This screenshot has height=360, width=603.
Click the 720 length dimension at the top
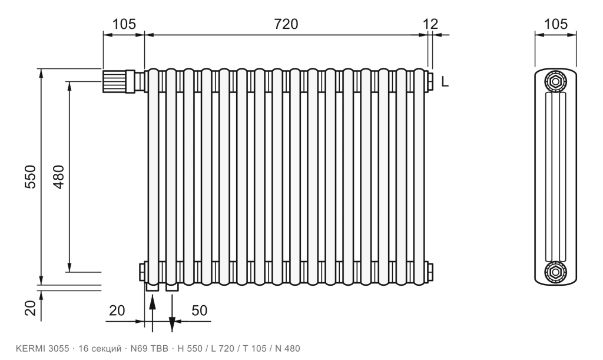coord(286,24)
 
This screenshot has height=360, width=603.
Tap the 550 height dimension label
coord(30,177)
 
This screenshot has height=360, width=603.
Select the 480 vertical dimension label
coord(59,177)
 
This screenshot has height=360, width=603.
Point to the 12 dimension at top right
coord(430,24)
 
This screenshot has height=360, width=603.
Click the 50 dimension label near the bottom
coord(199,311)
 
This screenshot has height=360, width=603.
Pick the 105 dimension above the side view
coord(556,24)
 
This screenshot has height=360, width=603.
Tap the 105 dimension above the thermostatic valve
coord(124,24)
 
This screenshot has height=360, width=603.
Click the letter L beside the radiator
coord(445,81)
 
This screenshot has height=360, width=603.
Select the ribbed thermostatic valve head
coord(114,81)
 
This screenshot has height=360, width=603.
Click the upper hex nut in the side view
coord(555,81)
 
